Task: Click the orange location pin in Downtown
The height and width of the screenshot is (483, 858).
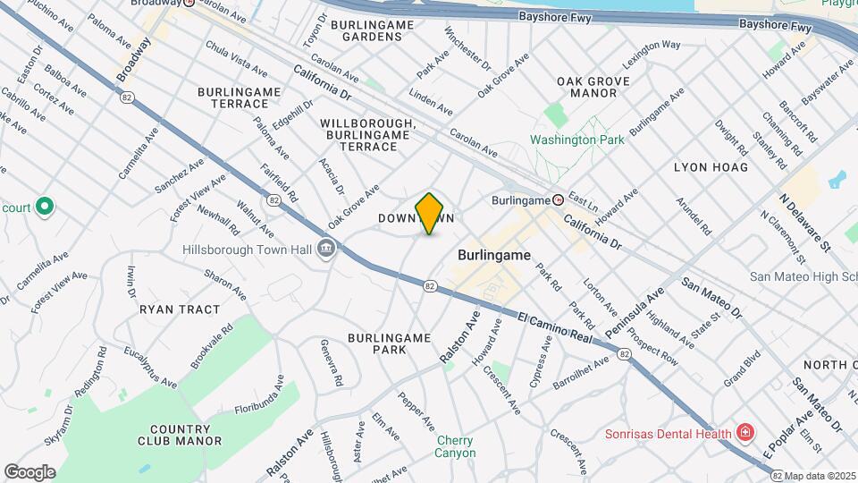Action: (x=430, y=214)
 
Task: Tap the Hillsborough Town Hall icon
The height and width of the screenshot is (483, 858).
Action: (x=325, y=249)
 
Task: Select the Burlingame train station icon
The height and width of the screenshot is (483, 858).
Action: (x=558, y=199)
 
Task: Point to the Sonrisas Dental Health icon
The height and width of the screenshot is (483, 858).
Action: (x=744, y=433)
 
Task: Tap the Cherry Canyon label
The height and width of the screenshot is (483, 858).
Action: (x=456, y=446)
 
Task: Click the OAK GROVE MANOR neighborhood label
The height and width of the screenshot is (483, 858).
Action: (x=593, y=87)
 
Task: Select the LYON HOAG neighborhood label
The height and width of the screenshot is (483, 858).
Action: (x=711, y=167)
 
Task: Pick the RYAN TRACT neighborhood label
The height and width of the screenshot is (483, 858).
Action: (x=180, y=309)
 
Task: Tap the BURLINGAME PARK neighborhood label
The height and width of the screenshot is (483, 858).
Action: (x=389, y=343)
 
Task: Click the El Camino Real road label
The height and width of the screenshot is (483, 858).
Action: (x=555, y=326)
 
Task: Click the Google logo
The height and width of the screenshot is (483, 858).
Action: (x=29, y=471)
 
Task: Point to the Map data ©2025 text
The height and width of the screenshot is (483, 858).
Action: (x=820, y=475)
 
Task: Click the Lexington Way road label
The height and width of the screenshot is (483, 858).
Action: (x=652, y=44)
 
